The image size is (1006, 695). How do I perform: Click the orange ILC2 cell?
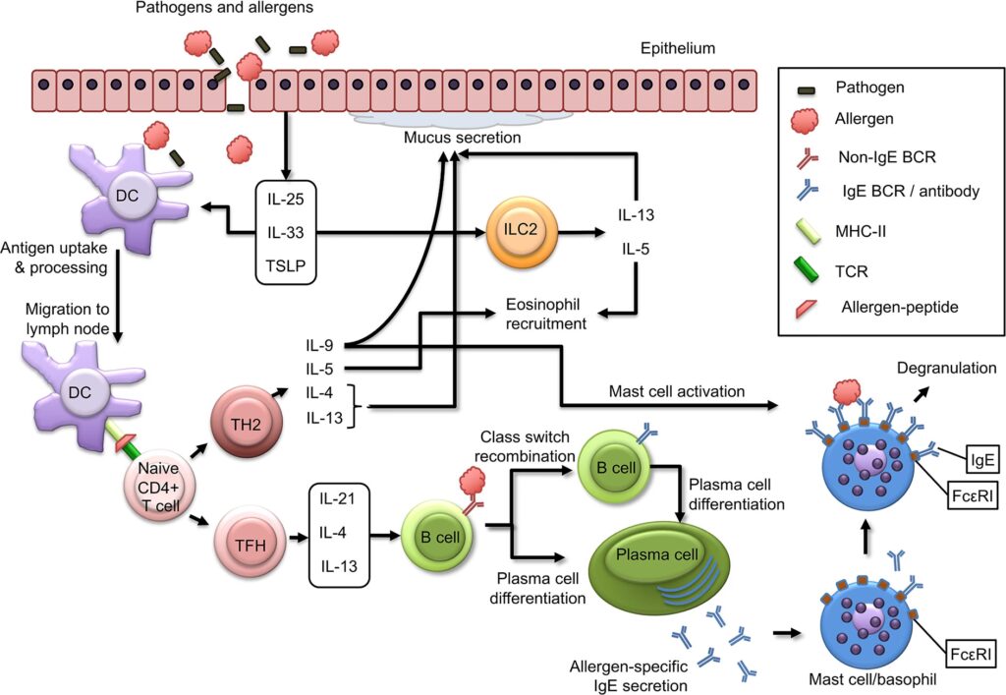517,233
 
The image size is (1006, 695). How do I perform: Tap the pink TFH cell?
246,538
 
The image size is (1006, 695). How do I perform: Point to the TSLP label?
285,265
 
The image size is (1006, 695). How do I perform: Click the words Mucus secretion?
462,139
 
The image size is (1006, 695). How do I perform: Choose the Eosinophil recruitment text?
547,314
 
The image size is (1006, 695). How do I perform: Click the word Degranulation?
947,368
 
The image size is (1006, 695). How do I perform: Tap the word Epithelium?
678,47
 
